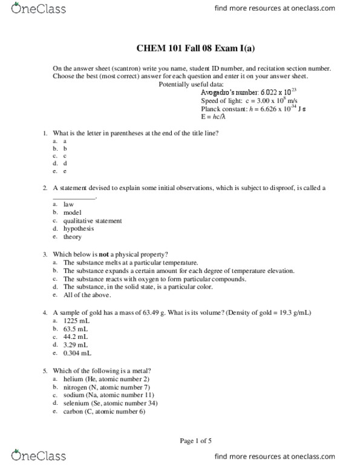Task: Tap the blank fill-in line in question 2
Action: click(x=74, y=197)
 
